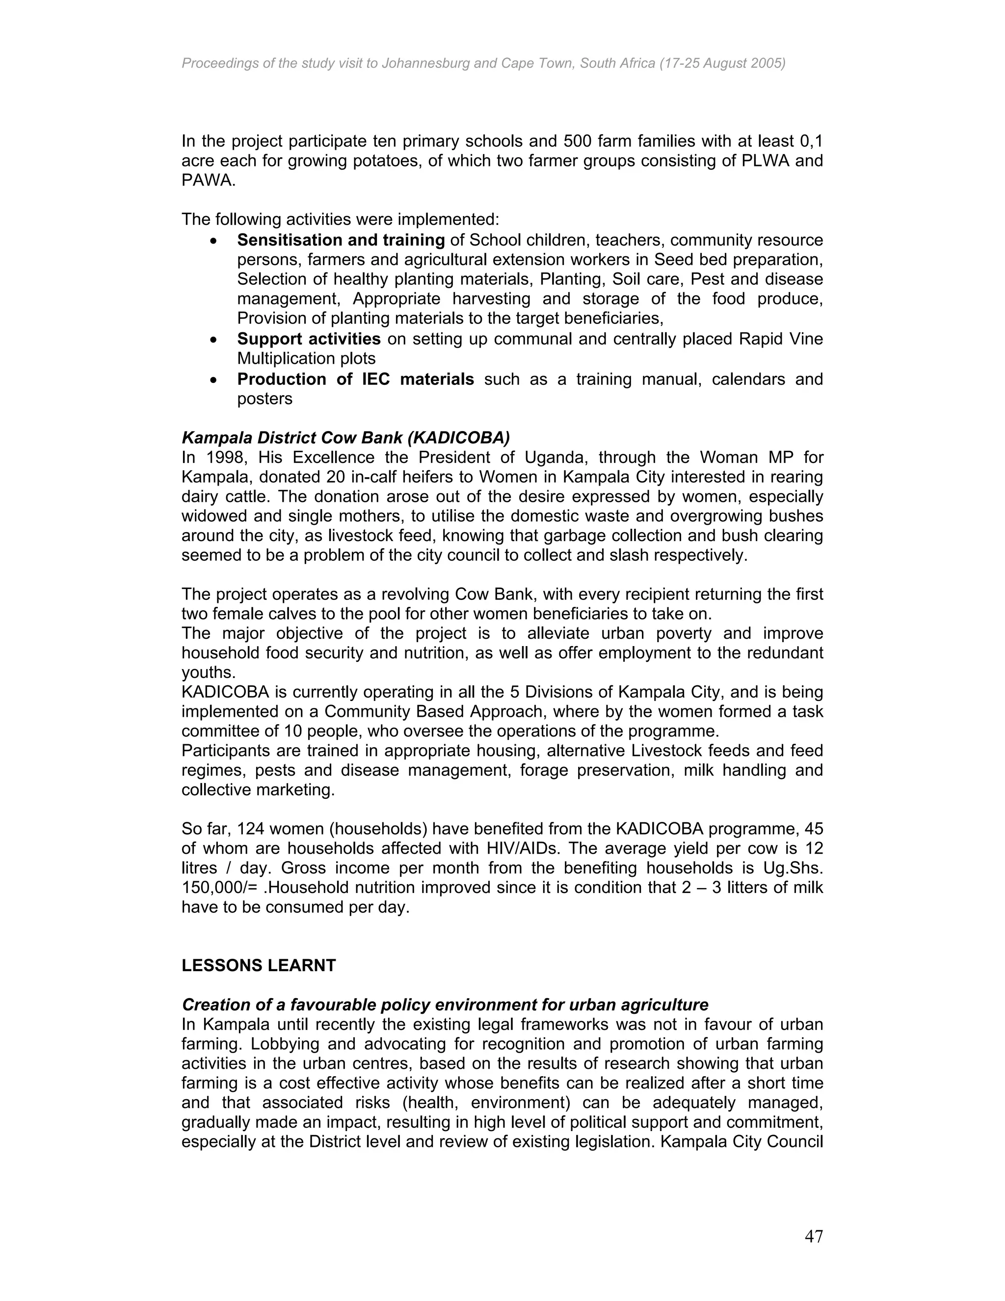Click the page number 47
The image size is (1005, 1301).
pyautogui.click(x=813, y=1237)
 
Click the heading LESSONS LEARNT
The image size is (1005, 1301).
pyautogui.click(x=259, y=966)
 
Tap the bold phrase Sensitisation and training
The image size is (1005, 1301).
pyautogui.click(x=341, y=240)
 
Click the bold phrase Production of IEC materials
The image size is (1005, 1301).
pyautogui.click(x=355, y=379)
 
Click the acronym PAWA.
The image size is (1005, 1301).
pyautogui.click(x=208, y=181)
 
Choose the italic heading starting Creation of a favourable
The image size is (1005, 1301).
pyautogui.click(x=445, y=1005)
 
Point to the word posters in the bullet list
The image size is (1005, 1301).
pyautogui.click(x=264, y=399)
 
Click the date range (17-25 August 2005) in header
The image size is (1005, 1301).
pyautogui.click(x=722, y=63)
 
